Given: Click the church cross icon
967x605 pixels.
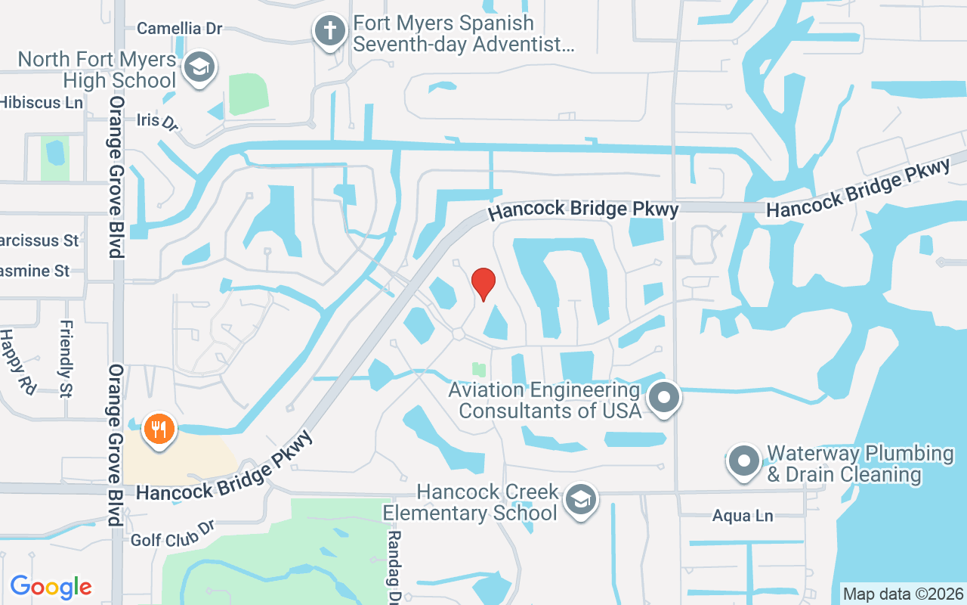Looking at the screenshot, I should [x=329, y=30].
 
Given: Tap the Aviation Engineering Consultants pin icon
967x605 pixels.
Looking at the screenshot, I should [x=665, y=396].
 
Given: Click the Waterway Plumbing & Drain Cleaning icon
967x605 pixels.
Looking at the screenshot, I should [x=743, y=460].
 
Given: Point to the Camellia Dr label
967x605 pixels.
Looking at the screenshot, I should [x=180, y=29].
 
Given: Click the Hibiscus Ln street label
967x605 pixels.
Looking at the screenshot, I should [x=42, y=102].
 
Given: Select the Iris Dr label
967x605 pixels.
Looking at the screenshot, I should [x=157, y=121].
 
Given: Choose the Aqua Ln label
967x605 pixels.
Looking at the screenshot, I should [x=743, y=517].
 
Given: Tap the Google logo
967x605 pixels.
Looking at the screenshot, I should [x=51, y=587].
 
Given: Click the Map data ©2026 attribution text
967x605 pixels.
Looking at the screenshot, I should [x=903, y=594].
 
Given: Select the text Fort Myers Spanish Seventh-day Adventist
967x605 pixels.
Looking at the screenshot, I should [x=463, y=34].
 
